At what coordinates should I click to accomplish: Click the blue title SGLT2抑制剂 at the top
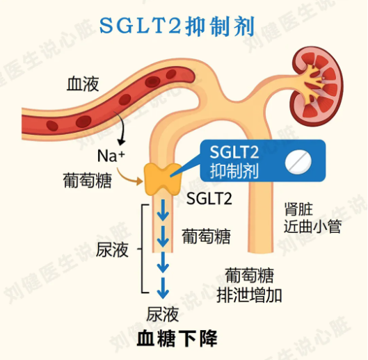[177, 26]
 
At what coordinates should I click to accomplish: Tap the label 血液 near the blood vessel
[83, 83]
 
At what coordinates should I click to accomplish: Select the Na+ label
[111, 156]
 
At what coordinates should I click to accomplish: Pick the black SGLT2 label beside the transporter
[209, 199]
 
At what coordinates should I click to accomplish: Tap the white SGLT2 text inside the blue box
[234, 152]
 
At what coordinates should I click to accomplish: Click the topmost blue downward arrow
[163, 210]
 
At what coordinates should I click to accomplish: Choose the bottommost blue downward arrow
[163, 288]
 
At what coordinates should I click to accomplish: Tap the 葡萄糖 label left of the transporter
[88, 181]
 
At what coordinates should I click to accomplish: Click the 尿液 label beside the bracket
[112, 249]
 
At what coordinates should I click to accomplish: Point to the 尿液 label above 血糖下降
[162, 314]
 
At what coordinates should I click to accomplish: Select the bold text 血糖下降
[177, 338]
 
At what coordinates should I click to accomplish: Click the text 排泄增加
[249, 295]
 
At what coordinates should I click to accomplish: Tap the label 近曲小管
[312, 227]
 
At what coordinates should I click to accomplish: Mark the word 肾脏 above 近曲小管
[298, 209]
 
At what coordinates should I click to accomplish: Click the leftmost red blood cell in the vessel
[52, 126]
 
